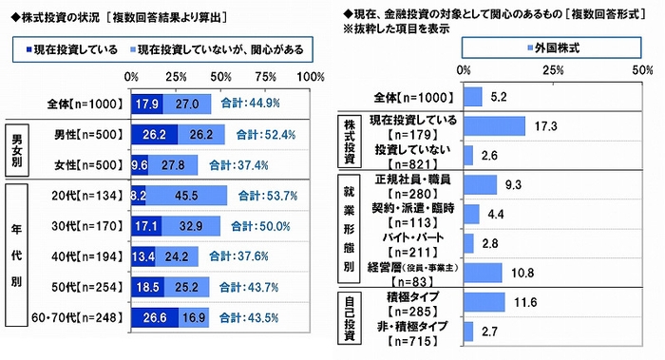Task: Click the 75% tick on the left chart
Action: pos(267,76)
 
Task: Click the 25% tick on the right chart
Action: pos(551,70)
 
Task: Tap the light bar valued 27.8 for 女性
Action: pos(174,164)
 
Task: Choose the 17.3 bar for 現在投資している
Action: pos(493,126)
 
